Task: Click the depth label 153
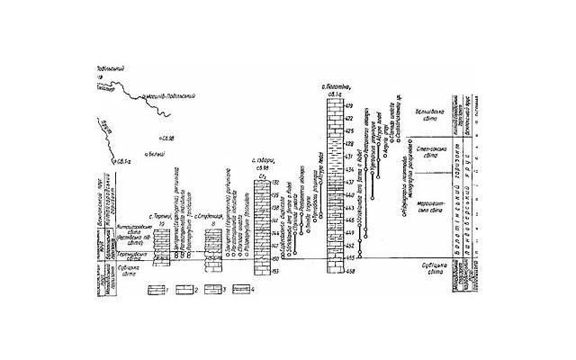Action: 274,270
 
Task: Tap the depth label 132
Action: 274,184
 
